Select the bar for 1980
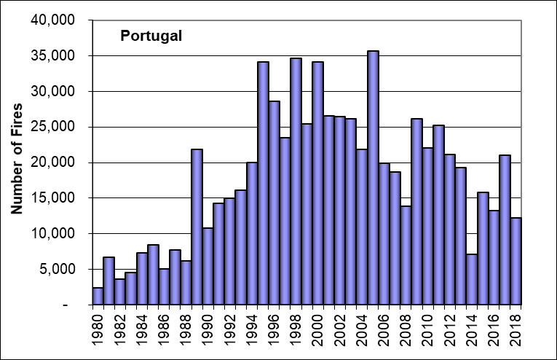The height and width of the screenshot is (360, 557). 98,296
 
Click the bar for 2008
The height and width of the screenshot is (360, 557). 406,254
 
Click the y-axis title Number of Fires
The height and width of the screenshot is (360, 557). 18,160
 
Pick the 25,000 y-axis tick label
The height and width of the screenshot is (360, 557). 55,127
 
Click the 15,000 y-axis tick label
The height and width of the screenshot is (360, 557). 55,198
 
